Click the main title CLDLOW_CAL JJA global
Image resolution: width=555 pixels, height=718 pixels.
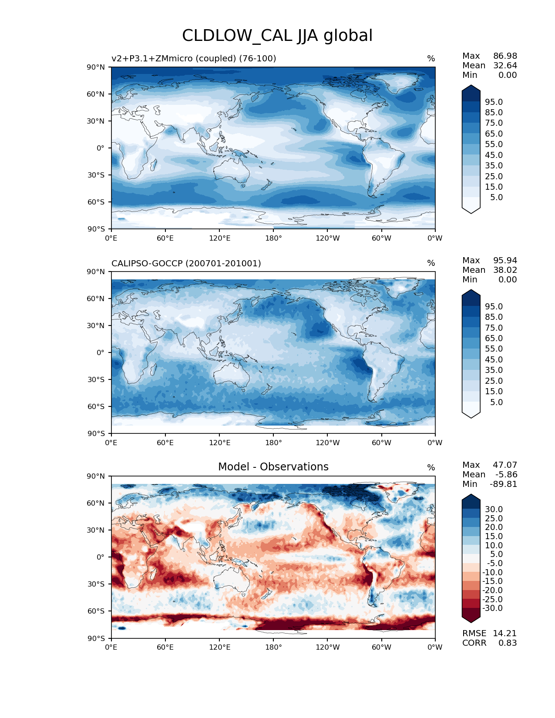click(x=277, y=36)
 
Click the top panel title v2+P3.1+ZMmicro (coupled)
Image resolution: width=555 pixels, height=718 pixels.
click(x=194, y=58)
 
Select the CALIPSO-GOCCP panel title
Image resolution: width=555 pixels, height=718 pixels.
click(x=186, y=263)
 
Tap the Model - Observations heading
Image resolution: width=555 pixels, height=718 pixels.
click(x=273, y=467)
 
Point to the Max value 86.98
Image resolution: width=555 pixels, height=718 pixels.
click(x=505, y=56)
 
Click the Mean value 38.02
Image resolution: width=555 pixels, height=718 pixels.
click(x=505, y=270)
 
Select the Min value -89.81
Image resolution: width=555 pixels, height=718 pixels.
click(x=503, y=484)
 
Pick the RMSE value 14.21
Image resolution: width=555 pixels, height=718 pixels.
click(x=505, y=633)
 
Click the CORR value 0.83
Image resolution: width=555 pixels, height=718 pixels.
click(x=508, y=643)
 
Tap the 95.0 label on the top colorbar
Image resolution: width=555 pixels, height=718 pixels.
click(x=494, y=102)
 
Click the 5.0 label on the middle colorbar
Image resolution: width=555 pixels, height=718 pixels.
click(x=496, y=402)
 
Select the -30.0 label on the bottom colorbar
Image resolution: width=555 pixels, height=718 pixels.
click(x=492, y=608)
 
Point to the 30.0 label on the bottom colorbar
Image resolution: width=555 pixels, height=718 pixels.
click(x=494, y=509)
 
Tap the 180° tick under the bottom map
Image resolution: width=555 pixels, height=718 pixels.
click(x=273, y=647)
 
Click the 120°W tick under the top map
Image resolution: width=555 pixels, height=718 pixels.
click(x=328, y=238)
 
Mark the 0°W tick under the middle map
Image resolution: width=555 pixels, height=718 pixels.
click(x=435, y=443)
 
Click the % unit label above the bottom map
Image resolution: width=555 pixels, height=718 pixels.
click(x=431, y=467)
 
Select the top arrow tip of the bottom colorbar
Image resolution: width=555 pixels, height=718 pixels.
click(x=471, y=495)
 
